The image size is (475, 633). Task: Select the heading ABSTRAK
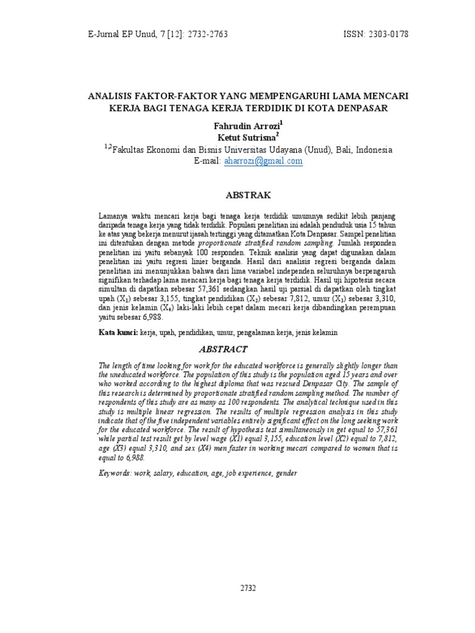[x=249, y=195]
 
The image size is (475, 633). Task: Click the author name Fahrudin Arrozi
[x=246, y=125]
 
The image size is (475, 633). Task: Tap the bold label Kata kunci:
[x=119, y=333]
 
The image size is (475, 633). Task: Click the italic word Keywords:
[x=115, y=474]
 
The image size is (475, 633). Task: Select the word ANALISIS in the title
[x=111, y=96]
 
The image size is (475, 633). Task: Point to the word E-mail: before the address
[x=207, y=161]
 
